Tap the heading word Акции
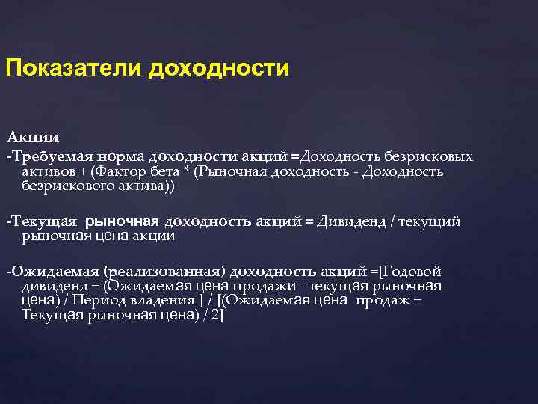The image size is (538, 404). coord(33,138)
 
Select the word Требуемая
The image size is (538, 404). coord(48,157)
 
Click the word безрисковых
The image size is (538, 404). coord(428,157)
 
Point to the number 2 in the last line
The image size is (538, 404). coord(215,315)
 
